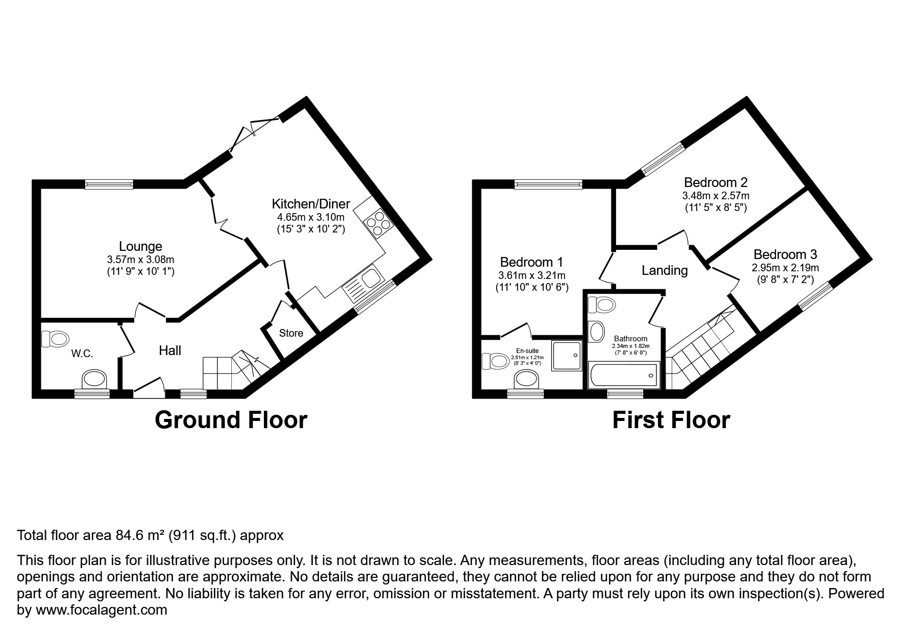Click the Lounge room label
point(140,247)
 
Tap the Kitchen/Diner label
point(310,204)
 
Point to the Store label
point(291,334)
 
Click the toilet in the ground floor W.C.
point(55,338)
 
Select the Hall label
point(170,350)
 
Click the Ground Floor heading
point(231,420)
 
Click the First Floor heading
point(671,420)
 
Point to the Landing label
point(664,270)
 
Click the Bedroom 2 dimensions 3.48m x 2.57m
point(716,196)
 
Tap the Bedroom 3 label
point(785,254)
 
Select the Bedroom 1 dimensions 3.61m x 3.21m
point(531,276)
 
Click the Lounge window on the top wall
point(109,184)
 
